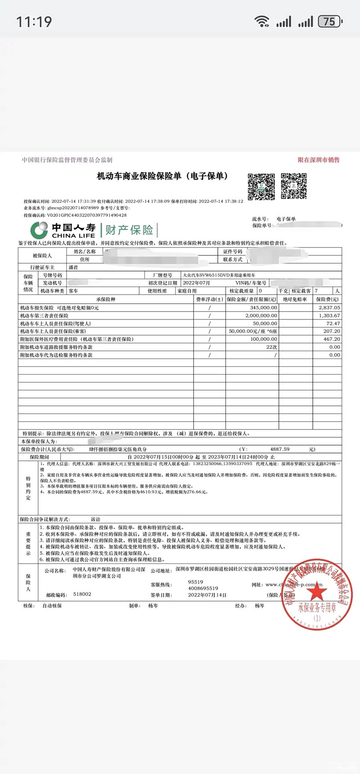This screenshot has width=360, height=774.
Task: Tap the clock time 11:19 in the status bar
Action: point(34,21)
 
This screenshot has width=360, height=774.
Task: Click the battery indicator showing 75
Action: point(330,21)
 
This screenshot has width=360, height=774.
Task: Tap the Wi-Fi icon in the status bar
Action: point(262,21)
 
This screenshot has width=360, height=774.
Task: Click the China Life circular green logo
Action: point(39,230)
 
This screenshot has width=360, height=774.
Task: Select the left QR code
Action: point(261,186)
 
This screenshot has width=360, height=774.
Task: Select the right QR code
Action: point(294,186)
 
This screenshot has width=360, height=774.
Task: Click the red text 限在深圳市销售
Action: point(318,160)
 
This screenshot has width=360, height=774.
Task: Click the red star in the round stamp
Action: point(316,592)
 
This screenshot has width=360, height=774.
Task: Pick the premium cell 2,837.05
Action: point(329,308)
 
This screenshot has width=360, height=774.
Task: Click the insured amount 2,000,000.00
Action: point(261,315)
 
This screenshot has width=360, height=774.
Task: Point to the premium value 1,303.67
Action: point(329,315)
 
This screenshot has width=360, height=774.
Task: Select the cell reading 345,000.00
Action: point(263,308)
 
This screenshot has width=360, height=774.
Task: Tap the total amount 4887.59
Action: point(280,449)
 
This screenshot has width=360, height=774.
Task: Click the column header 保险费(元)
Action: point(327,299)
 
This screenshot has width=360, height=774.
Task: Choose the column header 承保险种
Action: point(105,299)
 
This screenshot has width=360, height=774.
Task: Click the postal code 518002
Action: point(82,594)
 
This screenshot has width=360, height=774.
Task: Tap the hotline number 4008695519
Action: point(203,588)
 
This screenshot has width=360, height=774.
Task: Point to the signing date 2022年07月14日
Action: point(207,595)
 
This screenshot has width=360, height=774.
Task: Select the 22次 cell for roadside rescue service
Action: point(271,347)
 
